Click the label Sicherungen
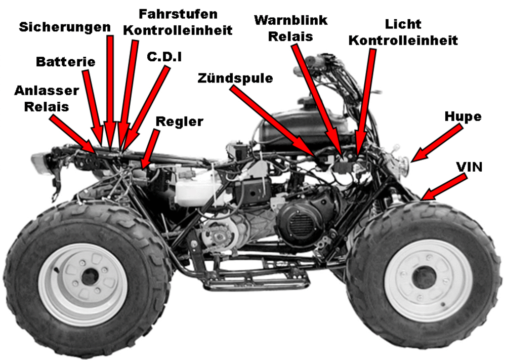tap(64, 26)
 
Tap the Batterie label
tap(66, 62)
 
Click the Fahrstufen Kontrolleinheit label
tap(179, 21)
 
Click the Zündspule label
tap(235, 78)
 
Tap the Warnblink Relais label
tap(290, 28)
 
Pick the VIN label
tap(469, 167)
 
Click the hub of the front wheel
tap(421, 277)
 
